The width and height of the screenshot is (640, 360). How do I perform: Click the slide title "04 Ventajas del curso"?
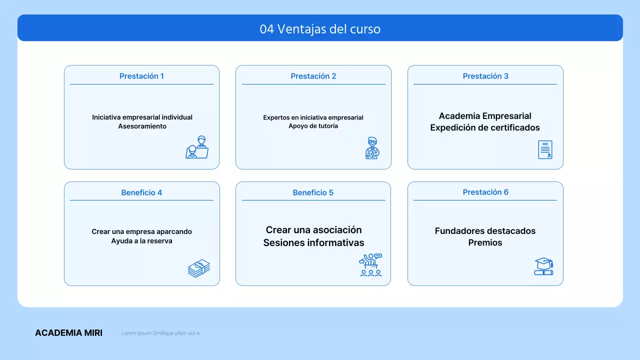(320, 29)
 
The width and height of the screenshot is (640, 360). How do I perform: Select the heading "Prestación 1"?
(141, 76)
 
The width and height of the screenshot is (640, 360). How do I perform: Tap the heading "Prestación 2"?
(313, 76)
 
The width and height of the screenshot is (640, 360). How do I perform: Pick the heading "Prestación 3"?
(485, 76)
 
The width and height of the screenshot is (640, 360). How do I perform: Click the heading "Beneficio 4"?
(141, 192)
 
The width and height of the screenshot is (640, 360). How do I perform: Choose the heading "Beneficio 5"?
(313, 192)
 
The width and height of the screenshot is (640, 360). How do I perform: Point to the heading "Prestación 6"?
(485, 192)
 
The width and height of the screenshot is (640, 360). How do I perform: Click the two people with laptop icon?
(197, 147)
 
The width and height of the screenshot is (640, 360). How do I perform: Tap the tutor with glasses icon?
(372, 148)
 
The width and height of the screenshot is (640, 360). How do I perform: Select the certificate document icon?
(545, 149)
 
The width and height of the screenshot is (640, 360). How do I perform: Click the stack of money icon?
(198, 268)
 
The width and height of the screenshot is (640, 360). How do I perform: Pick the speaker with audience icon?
(370, 265)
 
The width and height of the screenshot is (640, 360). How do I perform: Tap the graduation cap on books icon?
(543, 266)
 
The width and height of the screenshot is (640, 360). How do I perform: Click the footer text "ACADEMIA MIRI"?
(68, 333)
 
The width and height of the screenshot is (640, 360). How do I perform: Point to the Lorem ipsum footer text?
(160, 333)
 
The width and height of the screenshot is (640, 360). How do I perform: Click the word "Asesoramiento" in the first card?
(142, 126)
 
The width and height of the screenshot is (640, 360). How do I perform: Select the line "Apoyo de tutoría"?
(313, 126)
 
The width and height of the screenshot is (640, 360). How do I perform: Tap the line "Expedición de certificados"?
(485, 127)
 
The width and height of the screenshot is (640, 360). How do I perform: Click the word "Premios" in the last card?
(485, 243)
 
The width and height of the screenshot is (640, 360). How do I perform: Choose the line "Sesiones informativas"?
(313, 243)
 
